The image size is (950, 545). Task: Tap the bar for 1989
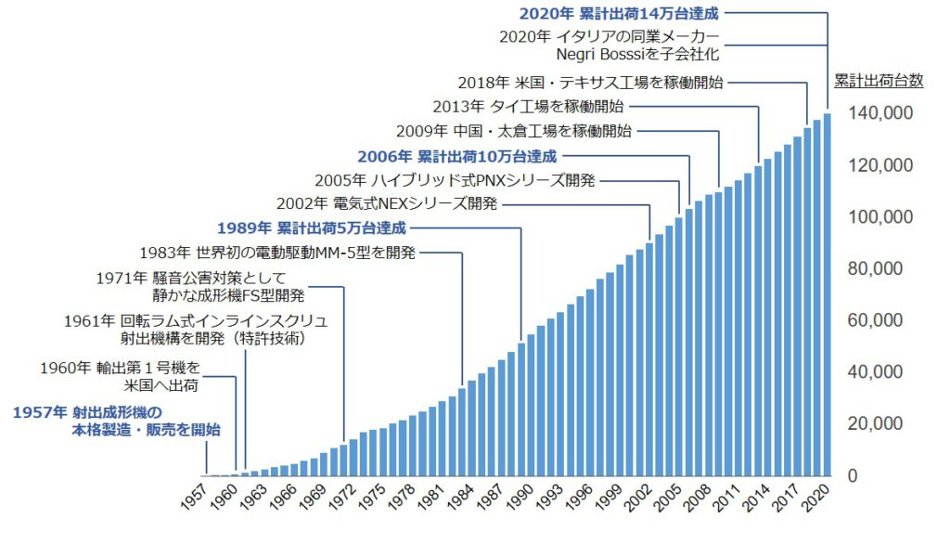521,409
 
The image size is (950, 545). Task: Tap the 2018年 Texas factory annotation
590,82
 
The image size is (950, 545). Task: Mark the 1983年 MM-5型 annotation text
277,252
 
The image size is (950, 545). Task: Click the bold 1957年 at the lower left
41,411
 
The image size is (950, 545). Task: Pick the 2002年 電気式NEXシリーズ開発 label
388,203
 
